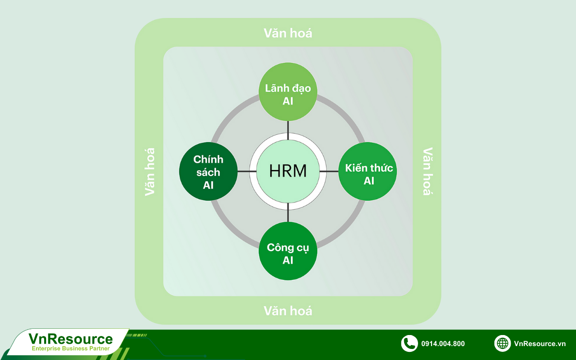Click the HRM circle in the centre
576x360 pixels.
(x=288, y=171)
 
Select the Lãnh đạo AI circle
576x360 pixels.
(x=288, y=95)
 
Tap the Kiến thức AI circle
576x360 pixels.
(x=368, y=174)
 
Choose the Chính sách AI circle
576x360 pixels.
(x=208, y=171)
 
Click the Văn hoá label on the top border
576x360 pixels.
(x=288, y=33)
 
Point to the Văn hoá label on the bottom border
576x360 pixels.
(x=288, y=311)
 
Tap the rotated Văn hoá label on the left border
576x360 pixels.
(x=150, y=171)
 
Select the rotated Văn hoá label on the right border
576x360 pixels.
(x=427, y=171)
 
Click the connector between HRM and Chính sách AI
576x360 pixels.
(x=244, y=171)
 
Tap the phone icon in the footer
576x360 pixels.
(x=409, y=343)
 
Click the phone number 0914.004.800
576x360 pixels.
(x=443, y=344)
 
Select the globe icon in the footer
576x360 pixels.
(x=503, y=343)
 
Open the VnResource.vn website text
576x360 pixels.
(x=540, y=344)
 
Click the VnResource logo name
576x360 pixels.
(x=71, y=339)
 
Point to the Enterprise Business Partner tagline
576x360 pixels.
(x=71, y=349)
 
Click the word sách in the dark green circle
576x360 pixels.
(x=208, y=172)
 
